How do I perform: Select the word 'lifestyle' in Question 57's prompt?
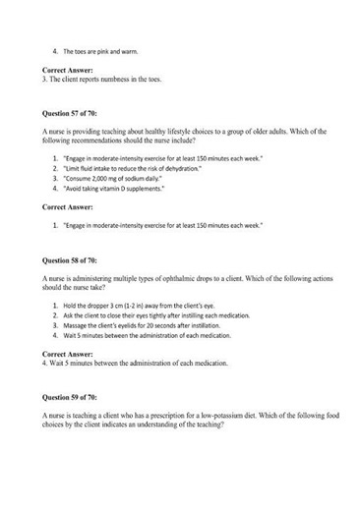(x=170, y=131)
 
